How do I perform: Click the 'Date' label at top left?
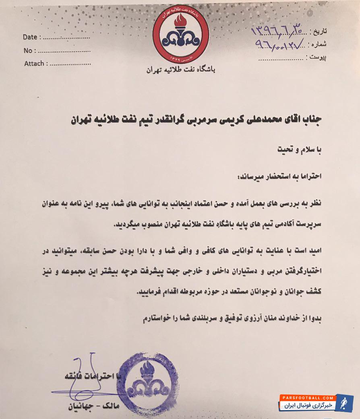coord(30,37)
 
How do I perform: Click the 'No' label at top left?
coord(28,51)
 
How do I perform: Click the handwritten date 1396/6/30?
coord(277,30)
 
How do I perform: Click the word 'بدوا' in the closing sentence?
coord(315,318)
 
